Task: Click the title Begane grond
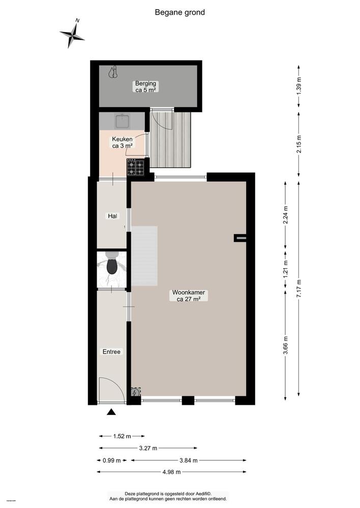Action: coord(179,12)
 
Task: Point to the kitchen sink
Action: coord(122,121)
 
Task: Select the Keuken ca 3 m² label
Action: coord(123,142)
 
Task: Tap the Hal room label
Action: coord(112,216)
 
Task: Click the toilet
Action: coord(111,266)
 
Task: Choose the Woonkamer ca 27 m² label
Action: coord(188,296)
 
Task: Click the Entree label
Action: coord(111,351)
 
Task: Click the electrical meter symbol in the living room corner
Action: coord(135,392)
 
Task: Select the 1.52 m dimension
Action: coord(122,436)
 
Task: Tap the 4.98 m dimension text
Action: coord(173,472)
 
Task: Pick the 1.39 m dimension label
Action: coord(299,84)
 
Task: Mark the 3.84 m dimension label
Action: coord(188,460)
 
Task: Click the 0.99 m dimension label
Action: coord(111,460)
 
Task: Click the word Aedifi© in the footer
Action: coord(204,493)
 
